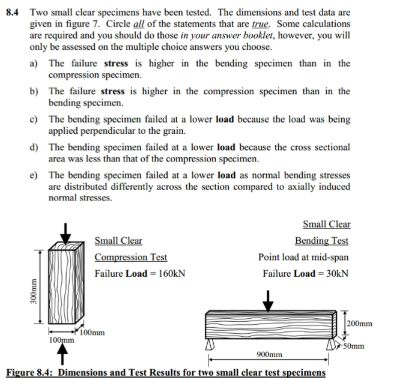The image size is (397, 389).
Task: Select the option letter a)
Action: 35,64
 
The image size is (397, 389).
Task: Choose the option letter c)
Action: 35,119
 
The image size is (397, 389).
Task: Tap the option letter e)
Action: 35,175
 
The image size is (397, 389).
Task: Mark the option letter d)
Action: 35,147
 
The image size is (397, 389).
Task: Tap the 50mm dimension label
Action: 359,346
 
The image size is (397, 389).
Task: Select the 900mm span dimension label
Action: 269,355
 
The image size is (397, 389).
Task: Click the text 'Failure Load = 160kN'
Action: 139,274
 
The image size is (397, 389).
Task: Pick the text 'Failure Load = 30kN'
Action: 306,274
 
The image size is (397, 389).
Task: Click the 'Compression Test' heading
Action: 131,258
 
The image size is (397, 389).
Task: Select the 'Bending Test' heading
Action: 321,241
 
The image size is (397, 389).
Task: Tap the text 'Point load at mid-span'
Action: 303,258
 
